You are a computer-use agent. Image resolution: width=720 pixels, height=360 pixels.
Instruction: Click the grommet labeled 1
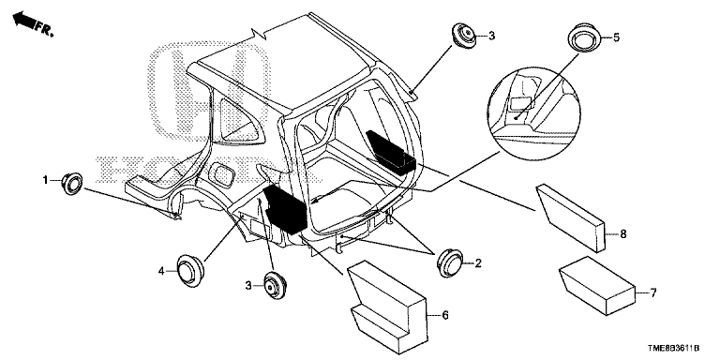coord(72,184)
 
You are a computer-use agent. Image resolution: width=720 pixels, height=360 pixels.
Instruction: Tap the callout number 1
coord(44,178)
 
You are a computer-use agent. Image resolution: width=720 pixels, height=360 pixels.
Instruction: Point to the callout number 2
coord(478,264)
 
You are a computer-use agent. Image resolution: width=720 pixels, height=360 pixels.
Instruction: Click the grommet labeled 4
coord(190,271)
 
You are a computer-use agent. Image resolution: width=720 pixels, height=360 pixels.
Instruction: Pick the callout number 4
coord(162,271)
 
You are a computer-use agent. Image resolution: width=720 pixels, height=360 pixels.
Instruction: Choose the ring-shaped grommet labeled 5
coord(585,40)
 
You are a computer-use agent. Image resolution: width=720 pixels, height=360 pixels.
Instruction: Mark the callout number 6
coord(444,317)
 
